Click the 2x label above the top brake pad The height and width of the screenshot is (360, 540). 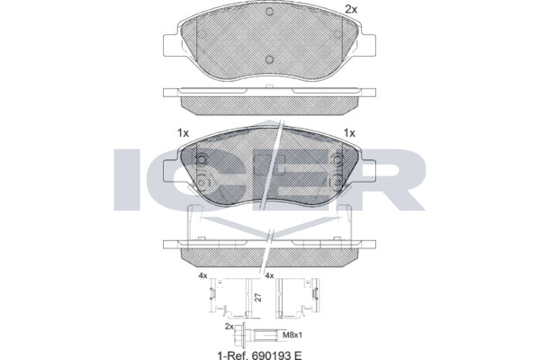pyautogui.click(x=351, y=10)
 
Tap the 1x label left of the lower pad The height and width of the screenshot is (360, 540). pyautogui.click(x=184, y=133)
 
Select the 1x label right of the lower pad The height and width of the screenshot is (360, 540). pyautogui.click(x=349, y=133)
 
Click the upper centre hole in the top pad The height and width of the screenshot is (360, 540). pyautogui.click(x=270, y=12)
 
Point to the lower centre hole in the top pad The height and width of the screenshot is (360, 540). pyautogui.click(x=270, y=59)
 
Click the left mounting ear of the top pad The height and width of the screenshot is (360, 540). pyautogui.click(x=170, y=45)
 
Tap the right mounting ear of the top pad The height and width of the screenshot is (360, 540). pyautogui.click(x=368, y=45)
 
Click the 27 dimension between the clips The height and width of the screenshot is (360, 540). pyautogui.click(x=259, y=297)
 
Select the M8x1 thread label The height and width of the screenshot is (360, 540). pyautogui.click(x=292, y=335)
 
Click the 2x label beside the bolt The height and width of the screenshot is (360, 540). pyautogui.click(x=229, y=327)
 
